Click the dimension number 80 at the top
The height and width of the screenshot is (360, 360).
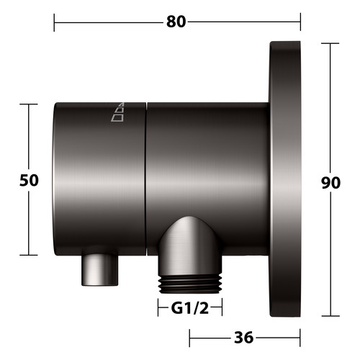point(176,22)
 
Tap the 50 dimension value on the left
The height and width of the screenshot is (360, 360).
point(29,180)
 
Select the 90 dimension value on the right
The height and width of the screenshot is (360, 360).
point(330,183)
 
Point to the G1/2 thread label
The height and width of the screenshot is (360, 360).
point(190,308)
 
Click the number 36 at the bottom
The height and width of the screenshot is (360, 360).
point(243,338)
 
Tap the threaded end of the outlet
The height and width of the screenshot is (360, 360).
point(189,284)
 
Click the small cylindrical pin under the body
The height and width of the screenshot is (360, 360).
point(100,270)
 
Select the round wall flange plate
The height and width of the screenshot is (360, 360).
point(285,179)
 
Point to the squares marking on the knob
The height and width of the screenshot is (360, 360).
point(118,112)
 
